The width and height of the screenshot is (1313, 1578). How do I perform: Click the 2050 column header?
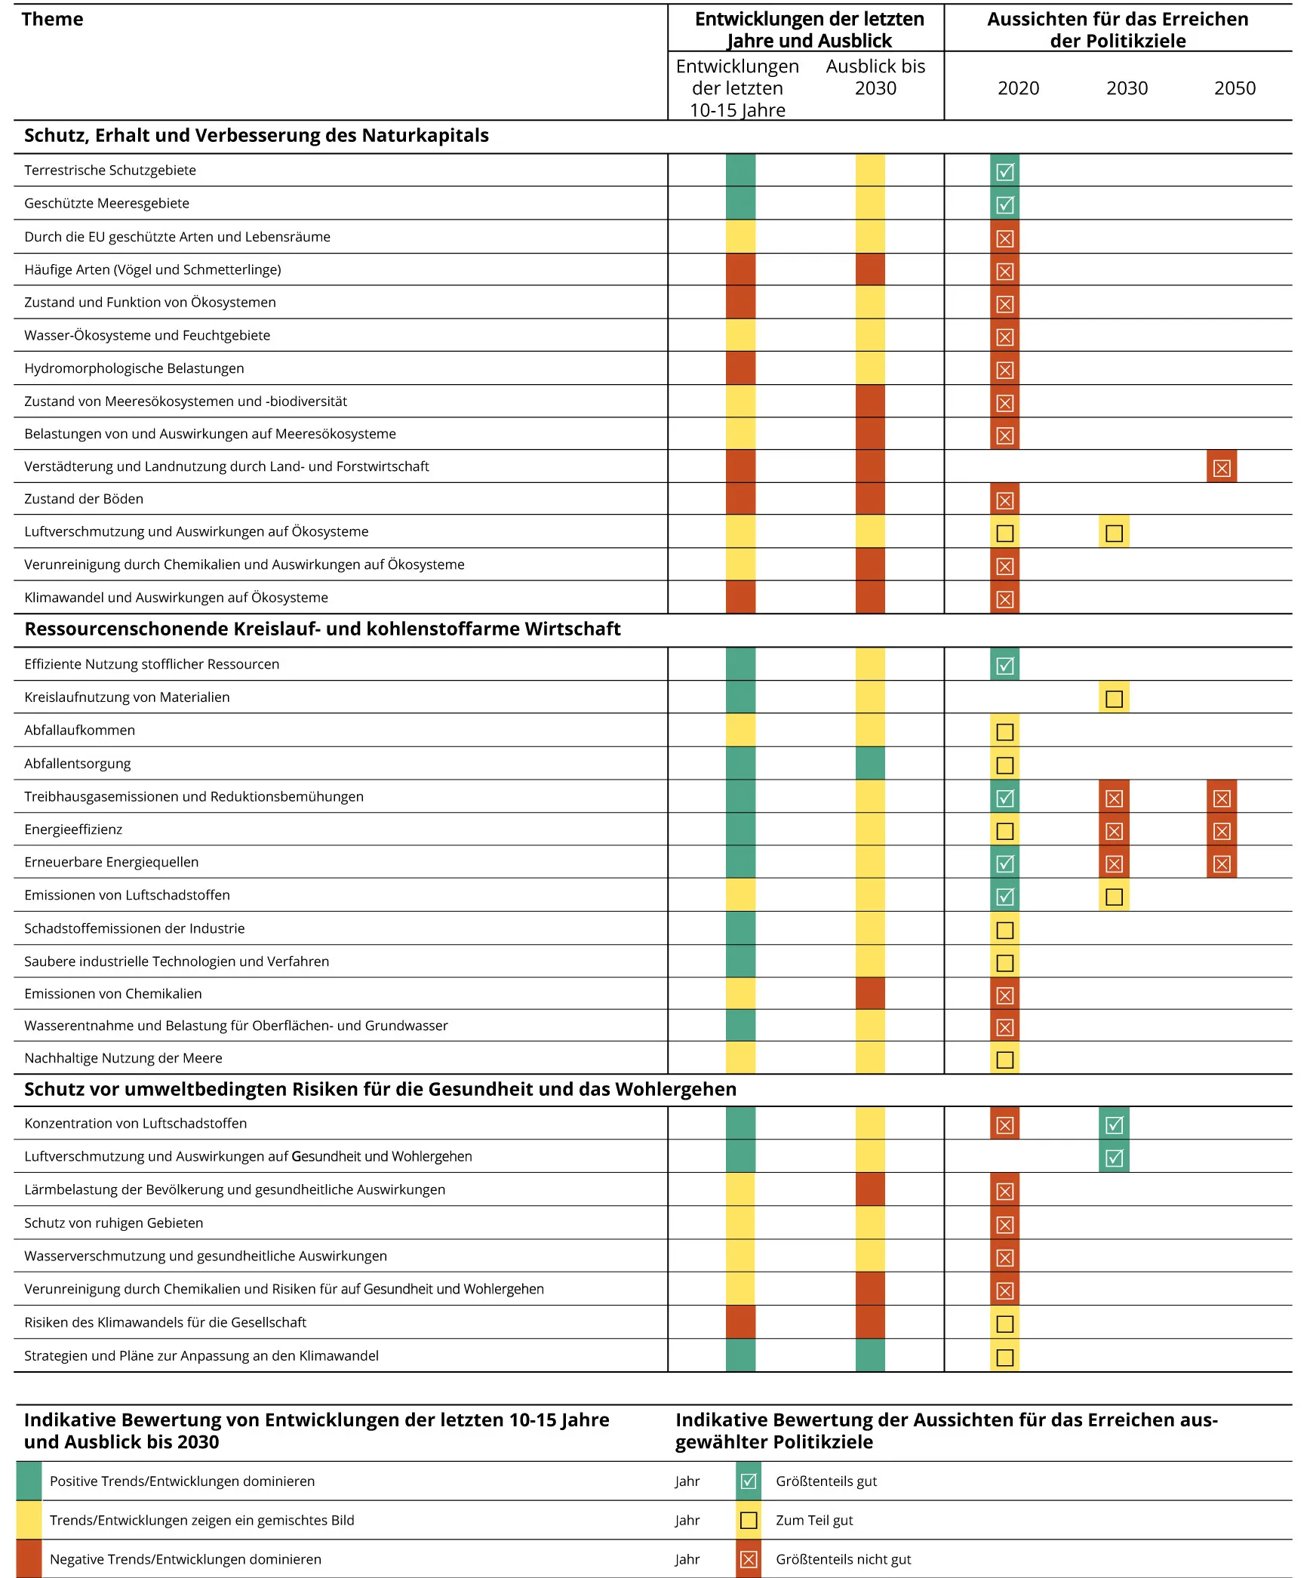[1235, 88]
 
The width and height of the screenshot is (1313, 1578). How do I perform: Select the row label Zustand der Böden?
[84, 499]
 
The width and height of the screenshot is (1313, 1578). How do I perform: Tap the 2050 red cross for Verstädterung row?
[1222, 468]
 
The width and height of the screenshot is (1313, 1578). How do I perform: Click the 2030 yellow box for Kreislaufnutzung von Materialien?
[1114, 699]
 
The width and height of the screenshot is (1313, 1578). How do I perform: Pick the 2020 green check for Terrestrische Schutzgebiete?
[1004, 172]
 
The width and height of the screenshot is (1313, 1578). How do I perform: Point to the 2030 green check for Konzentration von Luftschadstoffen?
[1114, 1125]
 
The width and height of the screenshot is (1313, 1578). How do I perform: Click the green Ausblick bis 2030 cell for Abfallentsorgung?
[870, 764]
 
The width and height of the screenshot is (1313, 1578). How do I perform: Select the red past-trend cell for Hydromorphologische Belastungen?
[740, 368]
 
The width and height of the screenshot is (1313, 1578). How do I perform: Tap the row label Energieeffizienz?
[73, 829]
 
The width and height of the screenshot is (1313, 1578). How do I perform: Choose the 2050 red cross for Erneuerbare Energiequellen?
[1222, 863]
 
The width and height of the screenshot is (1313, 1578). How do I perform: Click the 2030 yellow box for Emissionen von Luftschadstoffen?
[1114, 897]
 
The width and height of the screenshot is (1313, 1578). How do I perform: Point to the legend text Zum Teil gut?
[814, 1520]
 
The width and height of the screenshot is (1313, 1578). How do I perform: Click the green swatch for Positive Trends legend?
[29, 1481]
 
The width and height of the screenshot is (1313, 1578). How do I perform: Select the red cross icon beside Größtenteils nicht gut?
[748, 1559]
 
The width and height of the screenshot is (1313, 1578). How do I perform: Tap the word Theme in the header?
[52, 20]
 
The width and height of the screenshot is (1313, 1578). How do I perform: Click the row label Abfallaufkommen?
[79, 731]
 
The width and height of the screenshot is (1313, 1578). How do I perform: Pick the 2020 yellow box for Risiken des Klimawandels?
[1004, 1324]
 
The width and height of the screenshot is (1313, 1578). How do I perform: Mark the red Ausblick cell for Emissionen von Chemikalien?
[870, 994]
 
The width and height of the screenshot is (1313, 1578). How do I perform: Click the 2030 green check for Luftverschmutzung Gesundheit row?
[1114, 1158]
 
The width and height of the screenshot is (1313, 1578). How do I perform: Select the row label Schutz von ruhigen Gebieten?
[113, 1223]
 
